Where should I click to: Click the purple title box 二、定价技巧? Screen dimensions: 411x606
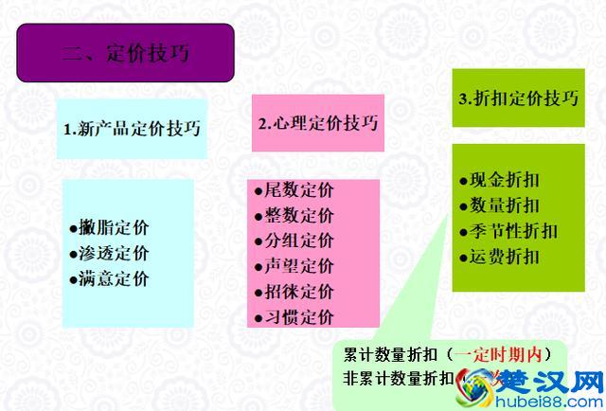click(x=125, y=51)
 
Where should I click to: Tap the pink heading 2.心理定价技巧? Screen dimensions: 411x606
click(x=317, y=124)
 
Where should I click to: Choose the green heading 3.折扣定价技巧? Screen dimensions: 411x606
click(x=518, y=98)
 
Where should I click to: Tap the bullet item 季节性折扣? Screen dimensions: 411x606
click(x=512, y=230)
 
